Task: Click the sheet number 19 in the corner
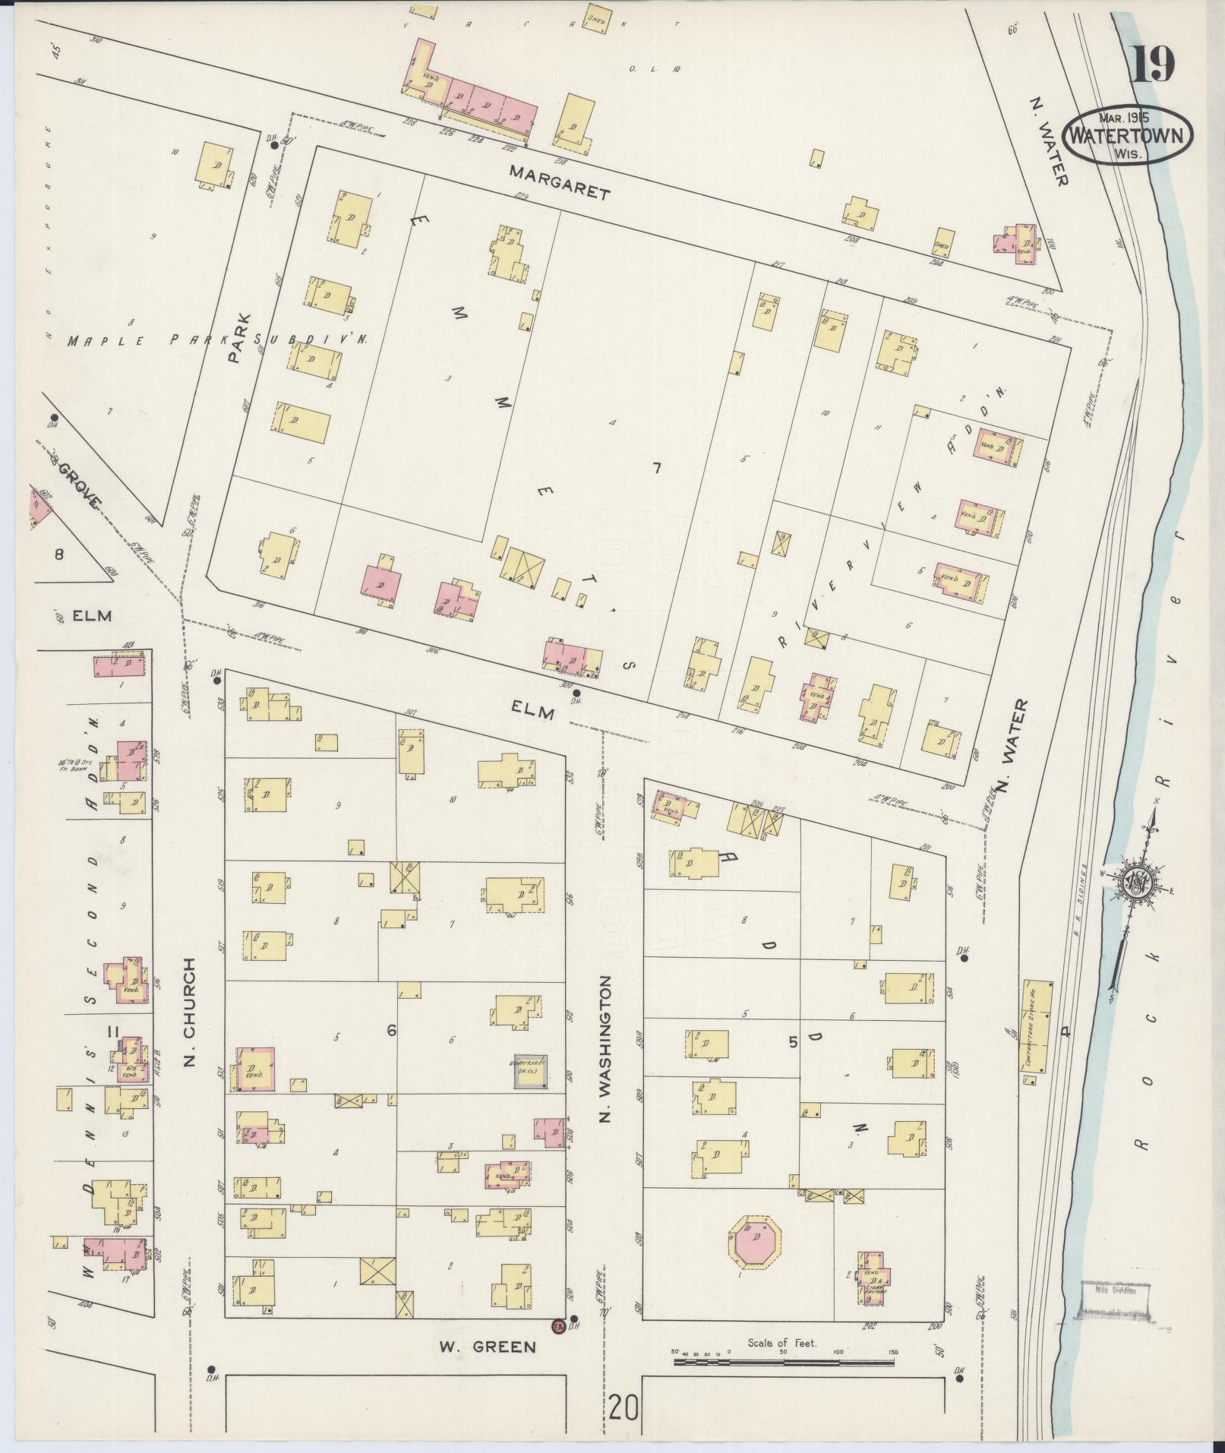[x=1154, y=65]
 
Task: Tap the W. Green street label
[x=488, y=1347]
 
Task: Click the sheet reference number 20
[x=624, y=1409]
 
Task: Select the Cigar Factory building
[x=873, y=1281]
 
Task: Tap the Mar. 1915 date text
[x=1125, y=118]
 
